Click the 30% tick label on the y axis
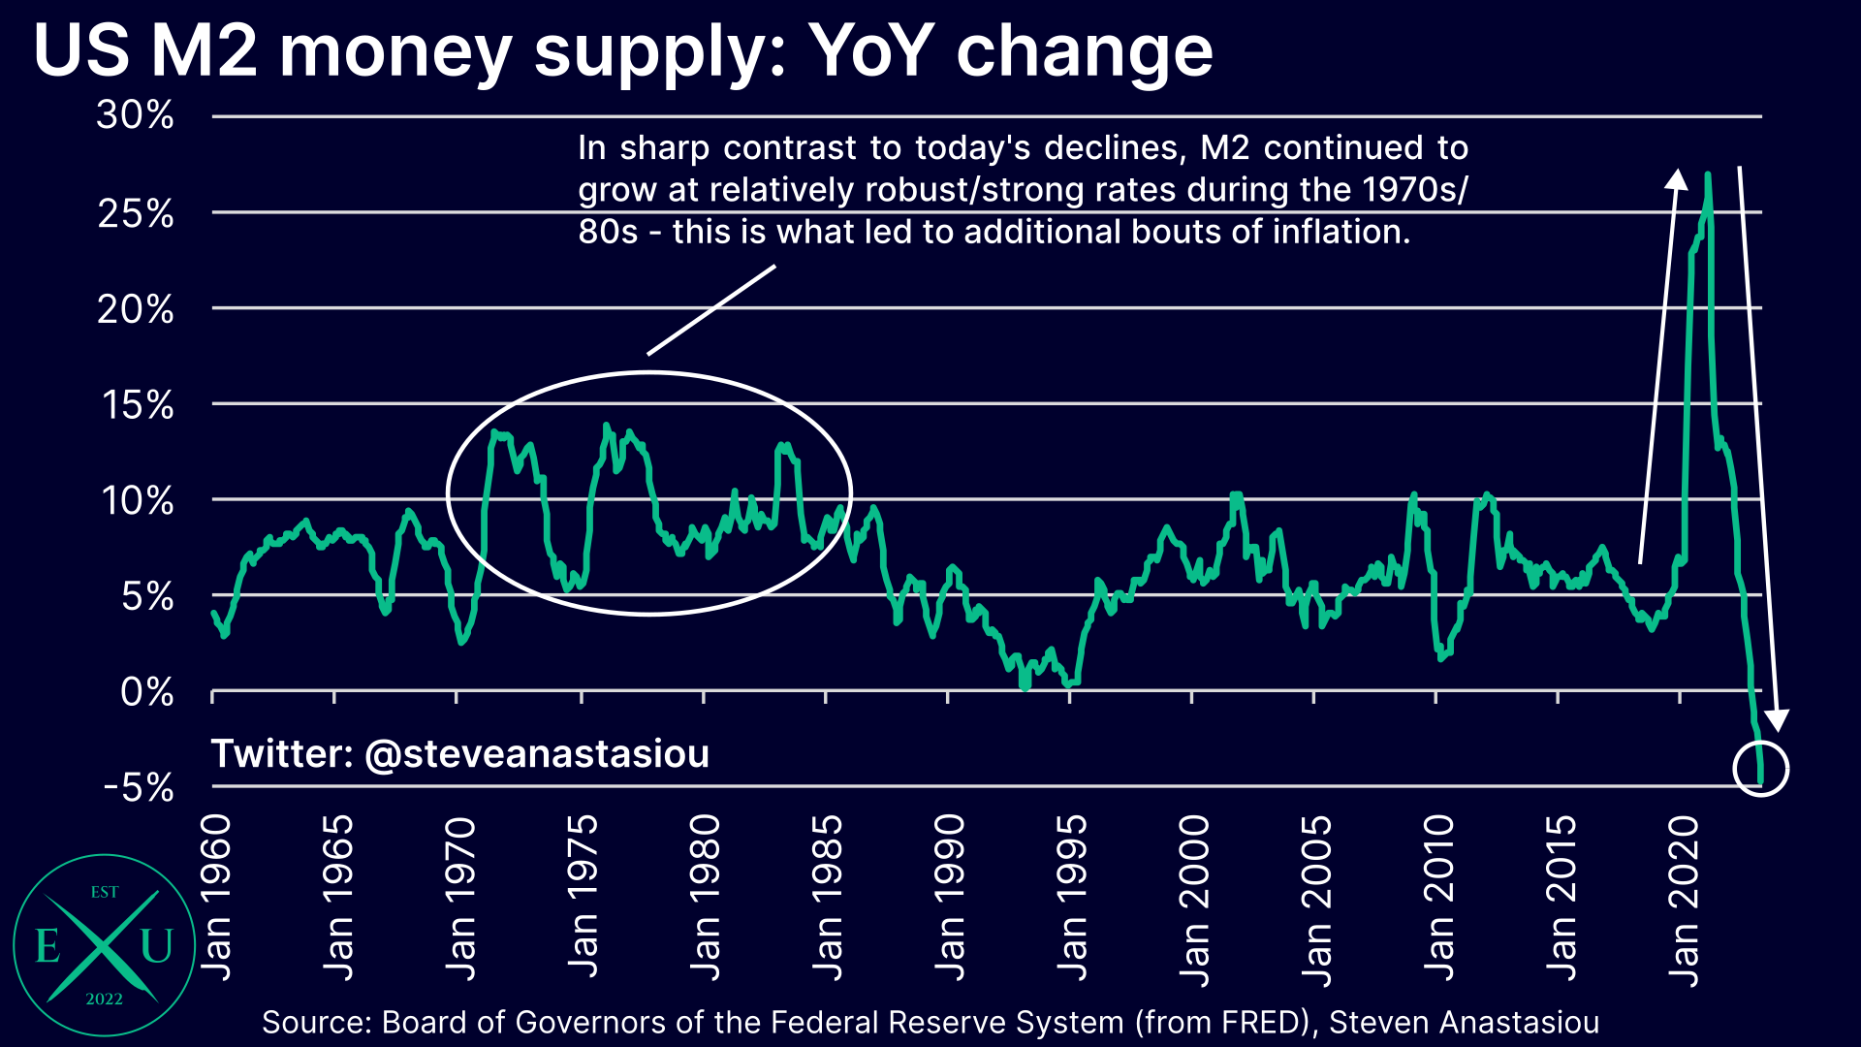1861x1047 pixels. (135, 115)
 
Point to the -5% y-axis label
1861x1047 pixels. (139, 787)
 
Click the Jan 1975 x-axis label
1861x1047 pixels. (582, 898)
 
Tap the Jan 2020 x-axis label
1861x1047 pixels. (1684, 901)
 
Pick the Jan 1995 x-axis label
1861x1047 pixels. (1071, 898)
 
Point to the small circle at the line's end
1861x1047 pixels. (1759, 769)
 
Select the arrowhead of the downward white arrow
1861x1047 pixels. (1776, 721)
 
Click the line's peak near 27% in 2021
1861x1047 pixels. (1707, 175)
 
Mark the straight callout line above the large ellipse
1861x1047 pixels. (711, 310)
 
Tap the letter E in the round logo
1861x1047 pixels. (47, 945)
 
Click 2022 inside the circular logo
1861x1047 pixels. (104, 999)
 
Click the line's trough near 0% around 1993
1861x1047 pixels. (1025, 685)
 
